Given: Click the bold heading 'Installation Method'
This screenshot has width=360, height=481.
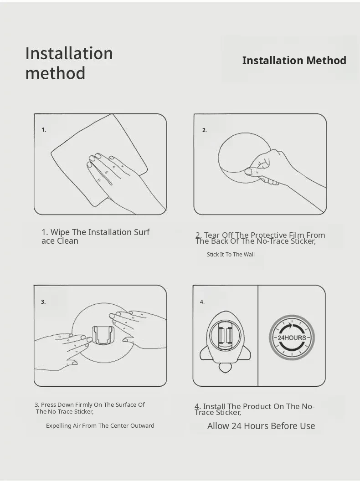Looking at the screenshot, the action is click(294, 61).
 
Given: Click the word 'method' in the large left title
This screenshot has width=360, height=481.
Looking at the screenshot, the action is click(55, 73).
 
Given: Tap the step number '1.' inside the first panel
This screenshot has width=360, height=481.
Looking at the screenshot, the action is click(44, 130).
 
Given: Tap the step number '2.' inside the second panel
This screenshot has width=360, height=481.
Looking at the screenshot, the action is click(205, 130).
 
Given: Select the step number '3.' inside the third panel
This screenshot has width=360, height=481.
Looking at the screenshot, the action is click(43, 302).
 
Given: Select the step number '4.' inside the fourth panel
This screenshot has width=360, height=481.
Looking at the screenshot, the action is click(202, 302).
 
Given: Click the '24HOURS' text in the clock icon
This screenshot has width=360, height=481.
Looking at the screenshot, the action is click(292, 338).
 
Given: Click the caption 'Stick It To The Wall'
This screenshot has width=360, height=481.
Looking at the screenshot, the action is click(231, 254).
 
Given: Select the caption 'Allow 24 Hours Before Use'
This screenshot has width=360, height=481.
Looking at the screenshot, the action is click(261, 426).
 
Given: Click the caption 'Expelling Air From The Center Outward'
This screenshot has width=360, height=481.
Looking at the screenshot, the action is click(100, 425).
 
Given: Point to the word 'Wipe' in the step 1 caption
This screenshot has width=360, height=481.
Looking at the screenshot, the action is click(60, 232).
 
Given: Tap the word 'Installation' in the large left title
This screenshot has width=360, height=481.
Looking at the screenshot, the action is click(69, 53).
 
